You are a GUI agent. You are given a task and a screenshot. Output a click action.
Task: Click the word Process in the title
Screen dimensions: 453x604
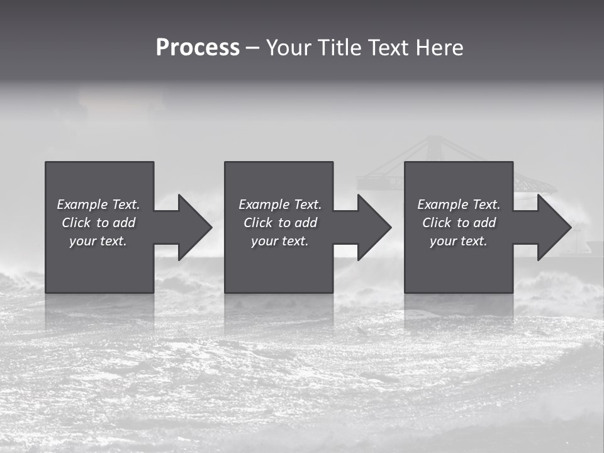[x=198, y=48]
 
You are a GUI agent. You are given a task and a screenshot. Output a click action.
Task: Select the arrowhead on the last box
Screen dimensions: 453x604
[x=553, y=227]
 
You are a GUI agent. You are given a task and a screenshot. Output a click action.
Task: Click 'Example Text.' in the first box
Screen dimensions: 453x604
[x=98, y=204]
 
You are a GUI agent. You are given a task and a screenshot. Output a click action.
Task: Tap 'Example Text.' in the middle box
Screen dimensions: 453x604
[x=279, y=204]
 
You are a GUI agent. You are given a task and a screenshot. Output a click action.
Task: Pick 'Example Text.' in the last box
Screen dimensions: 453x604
[x=459, y=204]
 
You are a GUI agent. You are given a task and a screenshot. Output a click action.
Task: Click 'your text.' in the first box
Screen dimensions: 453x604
[x=98, y=241]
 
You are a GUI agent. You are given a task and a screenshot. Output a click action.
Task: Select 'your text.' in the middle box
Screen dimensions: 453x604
[x=279, y=241]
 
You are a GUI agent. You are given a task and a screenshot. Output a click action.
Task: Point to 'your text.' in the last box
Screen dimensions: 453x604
[x=459, y=241]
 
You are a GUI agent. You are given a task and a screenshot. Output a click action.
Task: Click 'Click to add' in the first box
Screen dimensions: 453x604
[x=98, y=223]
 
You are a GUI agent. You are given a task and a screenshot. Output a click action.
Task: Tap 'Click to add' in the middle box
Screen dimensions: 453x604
[x=279, y=223]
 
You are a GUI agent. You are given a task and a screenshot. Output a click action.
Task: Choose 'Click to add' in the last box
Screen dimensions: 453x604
[x=459, y=223]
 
